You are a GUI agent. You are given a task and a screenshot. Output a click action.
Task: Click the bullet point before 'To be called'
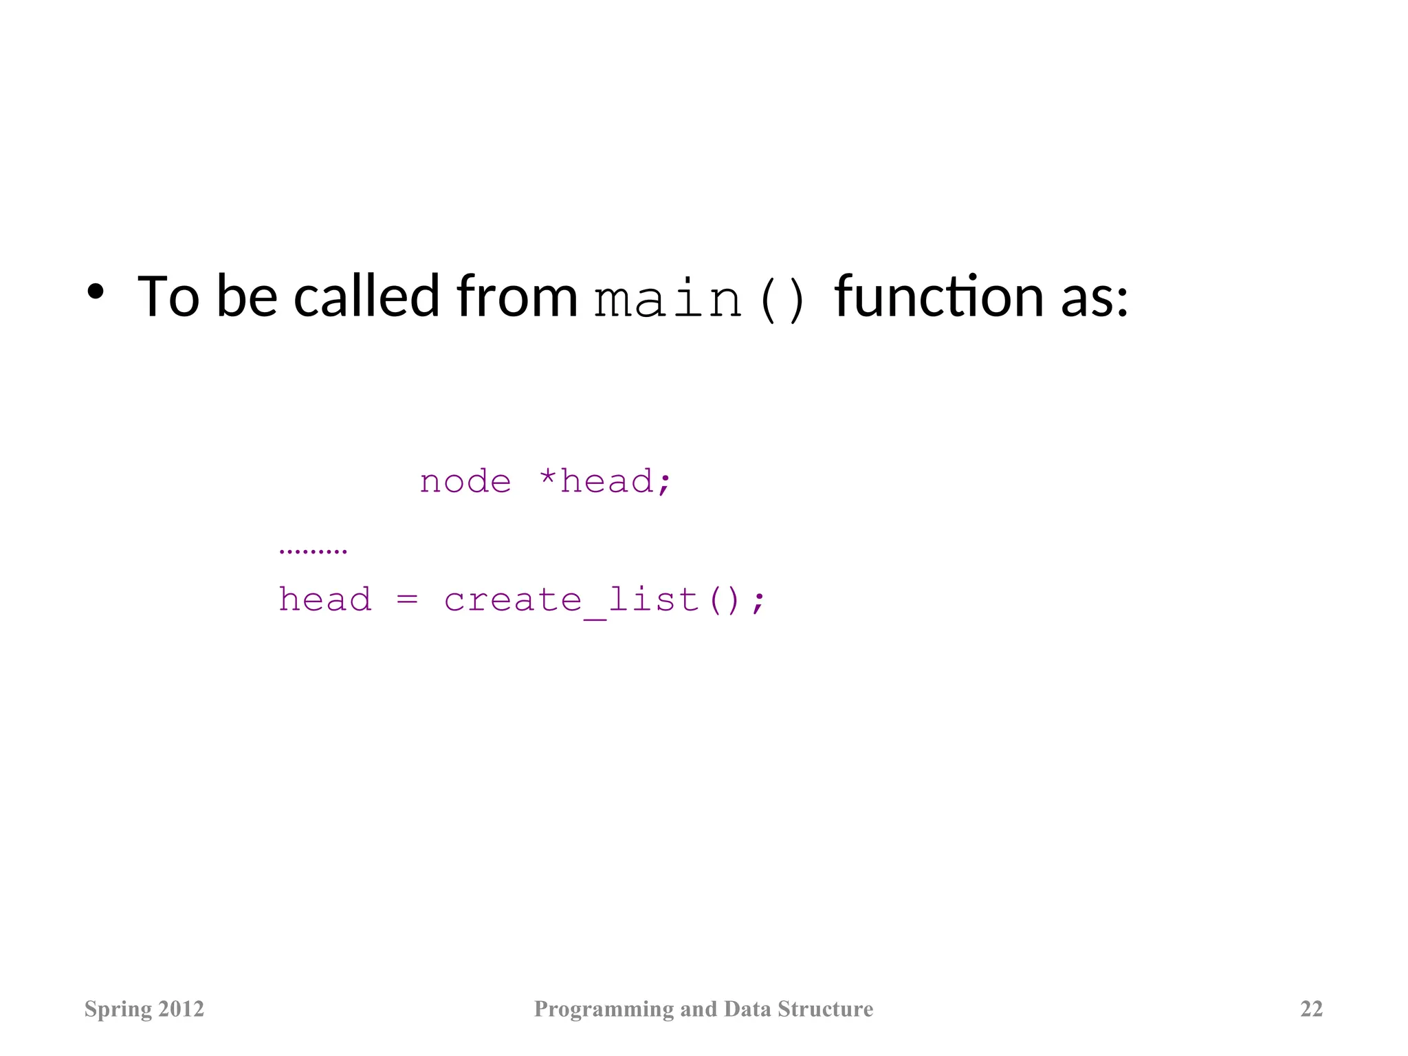point(95,292)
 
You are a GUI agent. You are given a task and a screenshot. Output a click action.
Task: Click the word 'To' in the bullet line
point(168,297)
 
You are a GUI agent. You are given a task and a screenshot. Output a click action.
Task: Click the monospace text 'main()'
point(700,300)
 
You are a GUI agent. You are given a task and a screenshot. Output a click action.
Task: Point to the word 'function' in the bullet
point(939,297)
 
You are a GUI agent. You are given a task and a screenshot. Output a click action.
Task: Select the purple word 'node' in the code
point(465,481)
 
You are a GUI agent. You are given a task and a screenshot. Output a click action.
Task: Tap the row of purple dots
point(313,551)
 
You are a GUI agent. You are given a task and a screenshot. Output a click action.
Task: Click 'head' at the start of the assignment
point(325,599)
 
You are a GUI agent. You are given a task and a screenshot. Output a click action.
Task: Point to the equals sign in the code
point(407,600)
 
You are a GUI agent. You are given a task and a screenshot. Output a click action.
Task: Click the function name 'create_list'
point(571,600)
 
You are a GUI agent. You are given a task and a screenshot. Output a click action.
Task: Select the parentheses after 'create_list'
point(725,600)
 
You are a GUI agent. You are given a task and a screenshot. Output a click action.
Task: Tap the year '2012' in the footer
point(181,1009)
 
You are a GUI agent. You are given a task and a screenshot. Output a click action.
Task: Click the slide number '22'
point(1311,1009)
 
